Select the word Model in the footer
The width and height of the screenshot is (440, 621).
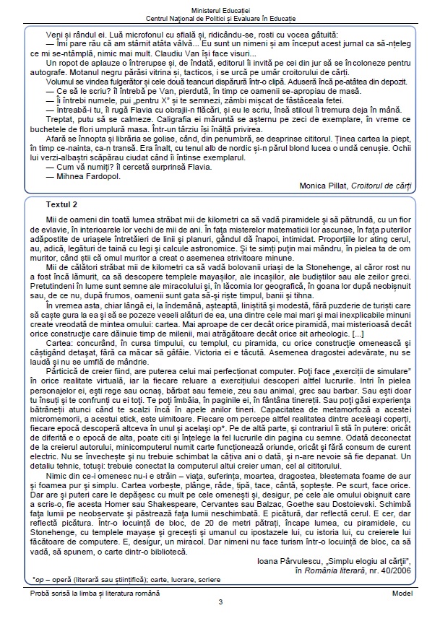click(x=402, y=591)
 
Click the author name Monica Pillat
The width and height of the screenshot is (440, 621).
click(x=323, y=186)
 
